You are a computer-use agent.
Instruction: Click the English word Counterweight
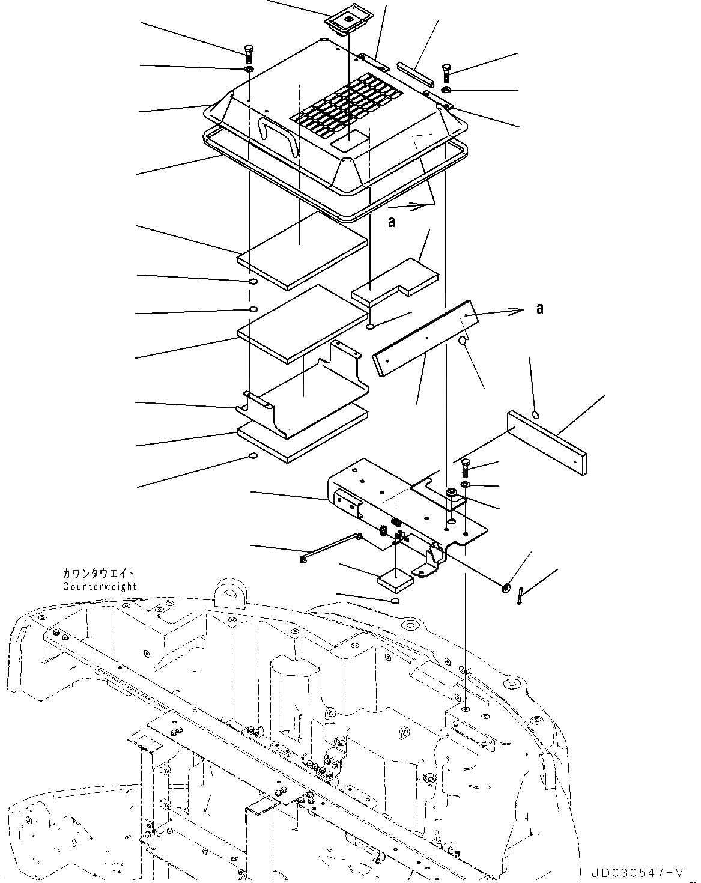tap(100, 586)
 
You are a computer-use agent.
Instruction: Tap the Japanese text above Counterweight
tap(99, 574)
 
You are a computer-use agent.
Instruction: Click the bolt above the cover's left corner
tap(249, 53)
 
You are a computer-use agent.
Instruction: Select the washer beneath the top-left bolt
tap(249, 70)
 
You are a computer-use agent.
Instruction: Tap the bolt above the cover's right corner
tap(446, 73)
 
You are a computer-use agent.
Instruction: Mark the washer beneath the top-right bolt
tap(447, 90)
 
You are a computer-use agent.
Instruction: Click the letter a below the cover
tap(392, 222)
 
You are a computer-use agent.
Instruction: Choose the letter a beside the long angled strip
tap(540, 308)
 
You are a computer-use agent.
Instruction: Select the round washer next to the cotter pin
tap(505, 587)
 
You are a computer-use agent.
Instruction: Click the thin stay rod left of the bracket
tap(330, 547)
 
